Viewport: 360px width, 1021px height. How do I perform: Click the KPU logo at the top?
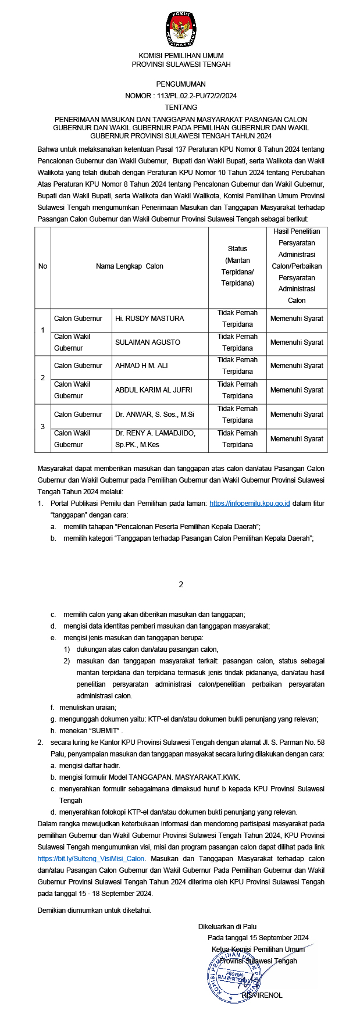click(x=180, y=28)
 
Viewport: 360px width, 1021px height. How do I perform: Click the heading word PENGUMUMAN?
click(x=181, y=84)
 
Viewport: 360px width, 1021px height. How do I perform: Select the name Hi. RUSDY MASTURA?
click(x=149, y=319)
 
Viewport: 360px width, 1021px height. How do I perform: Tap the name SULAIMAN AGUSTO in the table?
click(x=148, y=342)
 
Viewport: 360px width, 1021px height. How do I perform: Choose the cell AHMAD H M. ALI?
click(x=141, y=366)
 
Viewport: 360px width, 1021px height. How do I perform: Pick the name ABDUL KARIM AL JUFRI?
click(x=154, y=390)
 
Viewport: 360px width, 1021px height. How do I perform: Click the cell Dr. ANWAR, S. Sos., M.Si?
click(x=155, y=415)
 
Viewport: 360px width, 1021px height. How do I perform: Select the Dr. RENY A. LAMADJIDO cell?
click(x=155, y=439)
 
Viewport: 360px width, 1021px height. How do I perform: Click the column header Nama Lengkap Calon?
click(x=130, y=266)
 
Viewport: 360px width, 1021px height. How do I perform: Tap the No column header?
click(x=42, y=266)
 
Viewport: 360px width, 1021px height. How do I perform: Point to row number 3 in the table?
click(x=42, y=427)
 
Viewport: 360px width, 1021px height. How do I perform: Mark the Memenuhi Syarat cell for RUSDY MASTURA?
click(x=297, y=319)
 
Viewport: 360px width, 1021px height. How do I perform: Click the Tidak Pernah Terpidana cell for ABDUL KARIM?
click(x=237, y=390)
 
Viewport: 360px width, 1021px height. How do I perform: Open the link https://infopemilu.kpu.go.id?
click(x=249, y=503)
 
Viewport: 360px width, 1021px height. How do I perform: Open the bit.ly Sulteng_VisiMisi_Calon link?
click(x=91, y=858)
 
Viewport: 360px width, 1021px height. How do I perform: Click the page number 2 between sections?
click(x=181, y=584)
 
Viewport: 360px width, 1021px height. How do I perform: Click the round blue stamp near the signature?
click(x=232, y=973)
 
